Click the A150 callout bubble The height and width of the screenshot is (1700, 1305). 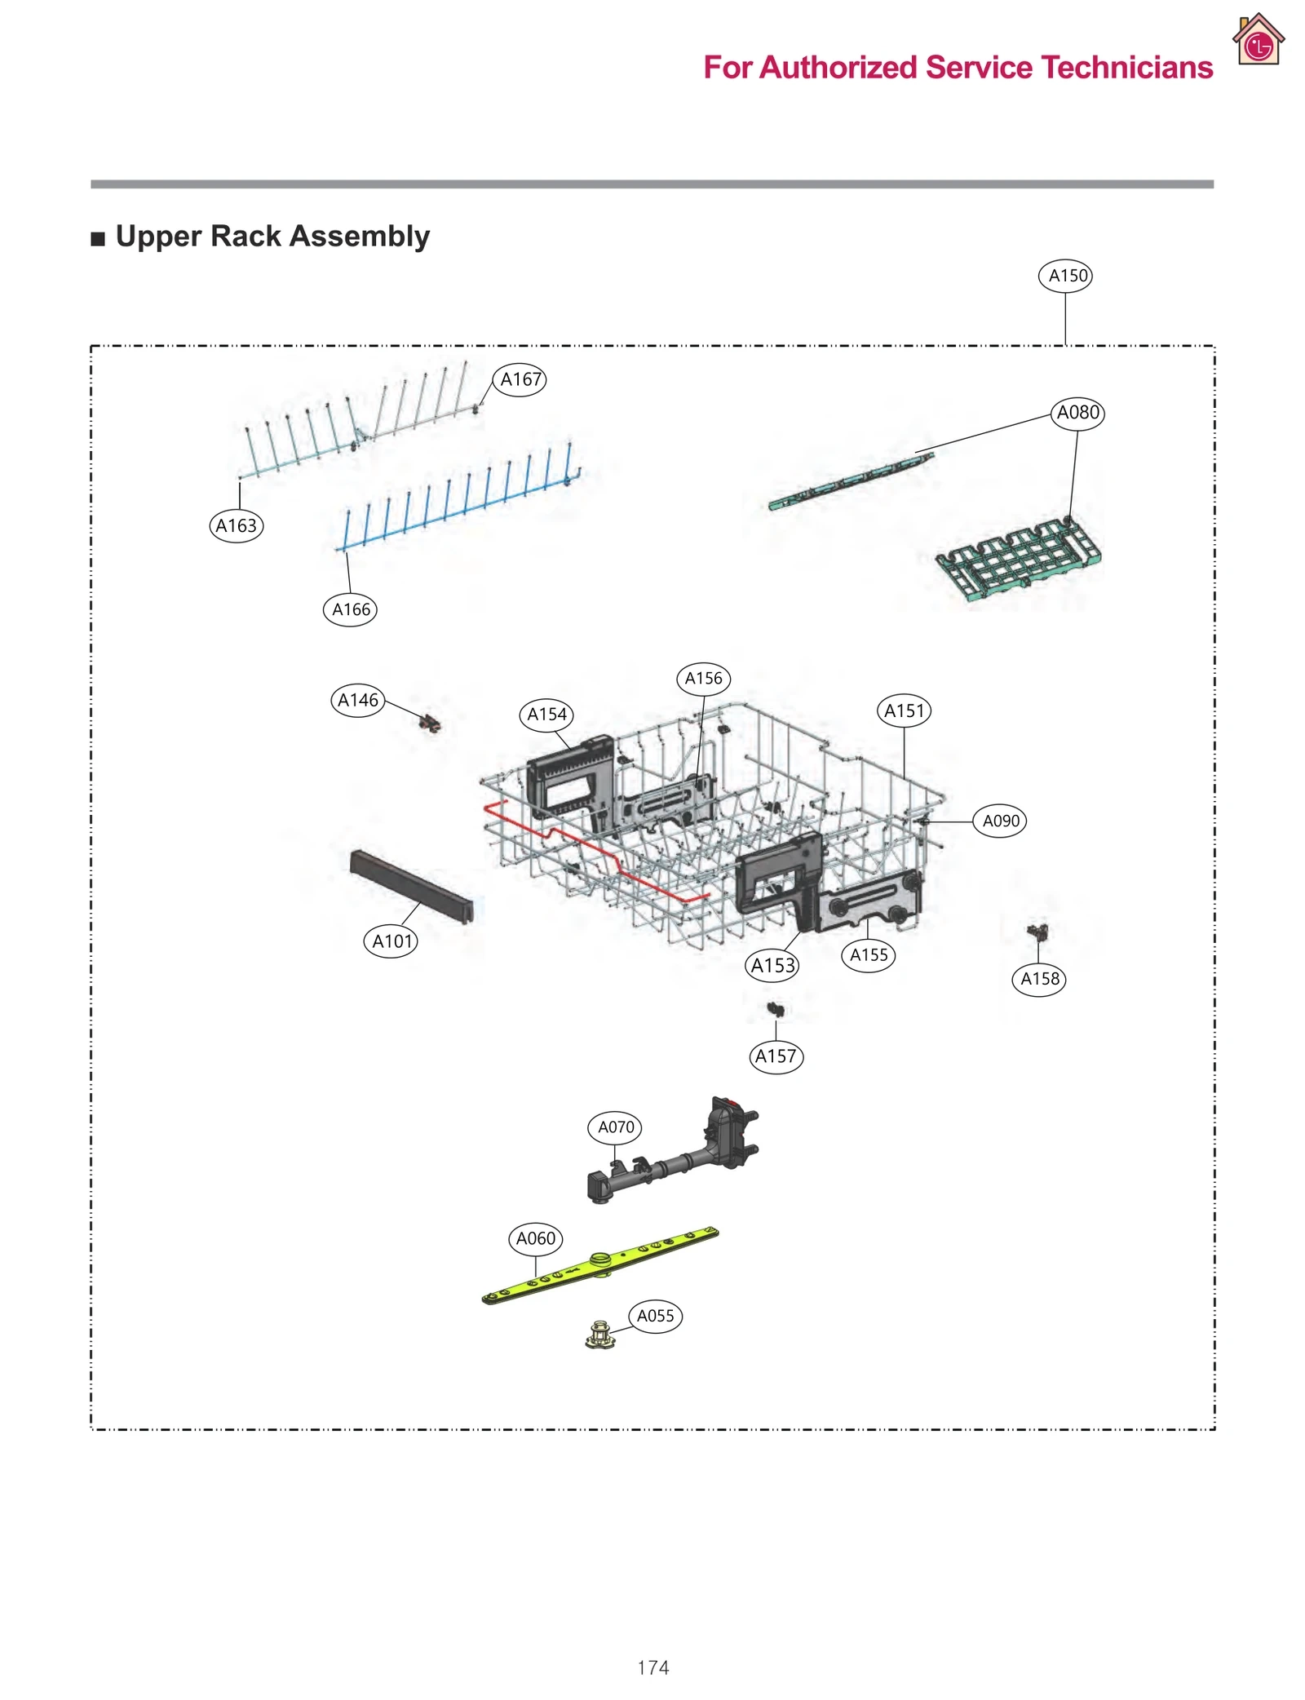(x=1065, y=276)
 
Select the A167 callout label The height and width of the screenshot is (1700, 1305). (x=520, y=379)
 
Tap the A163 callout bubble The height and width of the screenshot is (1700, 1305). (x=236, y=525)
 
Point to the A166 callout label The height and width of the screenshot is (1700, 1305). (x=350, y=609)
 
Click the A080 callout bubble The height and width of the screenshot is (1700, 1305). (x=1077, y=413)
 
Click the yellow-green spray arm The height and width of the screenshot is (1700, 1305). (x=599, y=1264)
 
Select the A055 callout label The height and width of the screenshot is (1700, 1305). (x=655, y=1316)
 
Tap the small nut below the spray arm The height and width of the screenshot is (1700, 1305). (x=599, y=1335)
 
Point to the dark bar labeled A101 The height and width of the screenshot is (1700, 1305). (x=411, y=884)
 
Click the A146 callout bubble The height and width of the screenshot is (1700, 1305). (x=358, y=700)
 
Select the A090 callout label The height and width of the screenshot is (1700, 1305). (x=999, y=821)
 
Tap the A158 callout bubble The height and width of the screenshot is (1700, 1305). (x=1039, y=978)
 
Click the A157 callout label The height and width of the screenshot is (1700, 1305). (x=776, y=1056)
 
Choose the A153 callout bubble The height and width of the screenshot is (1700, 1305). (x=772, y=966)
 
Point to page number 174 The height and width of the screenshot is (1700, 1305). (x=652, y=1667)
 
